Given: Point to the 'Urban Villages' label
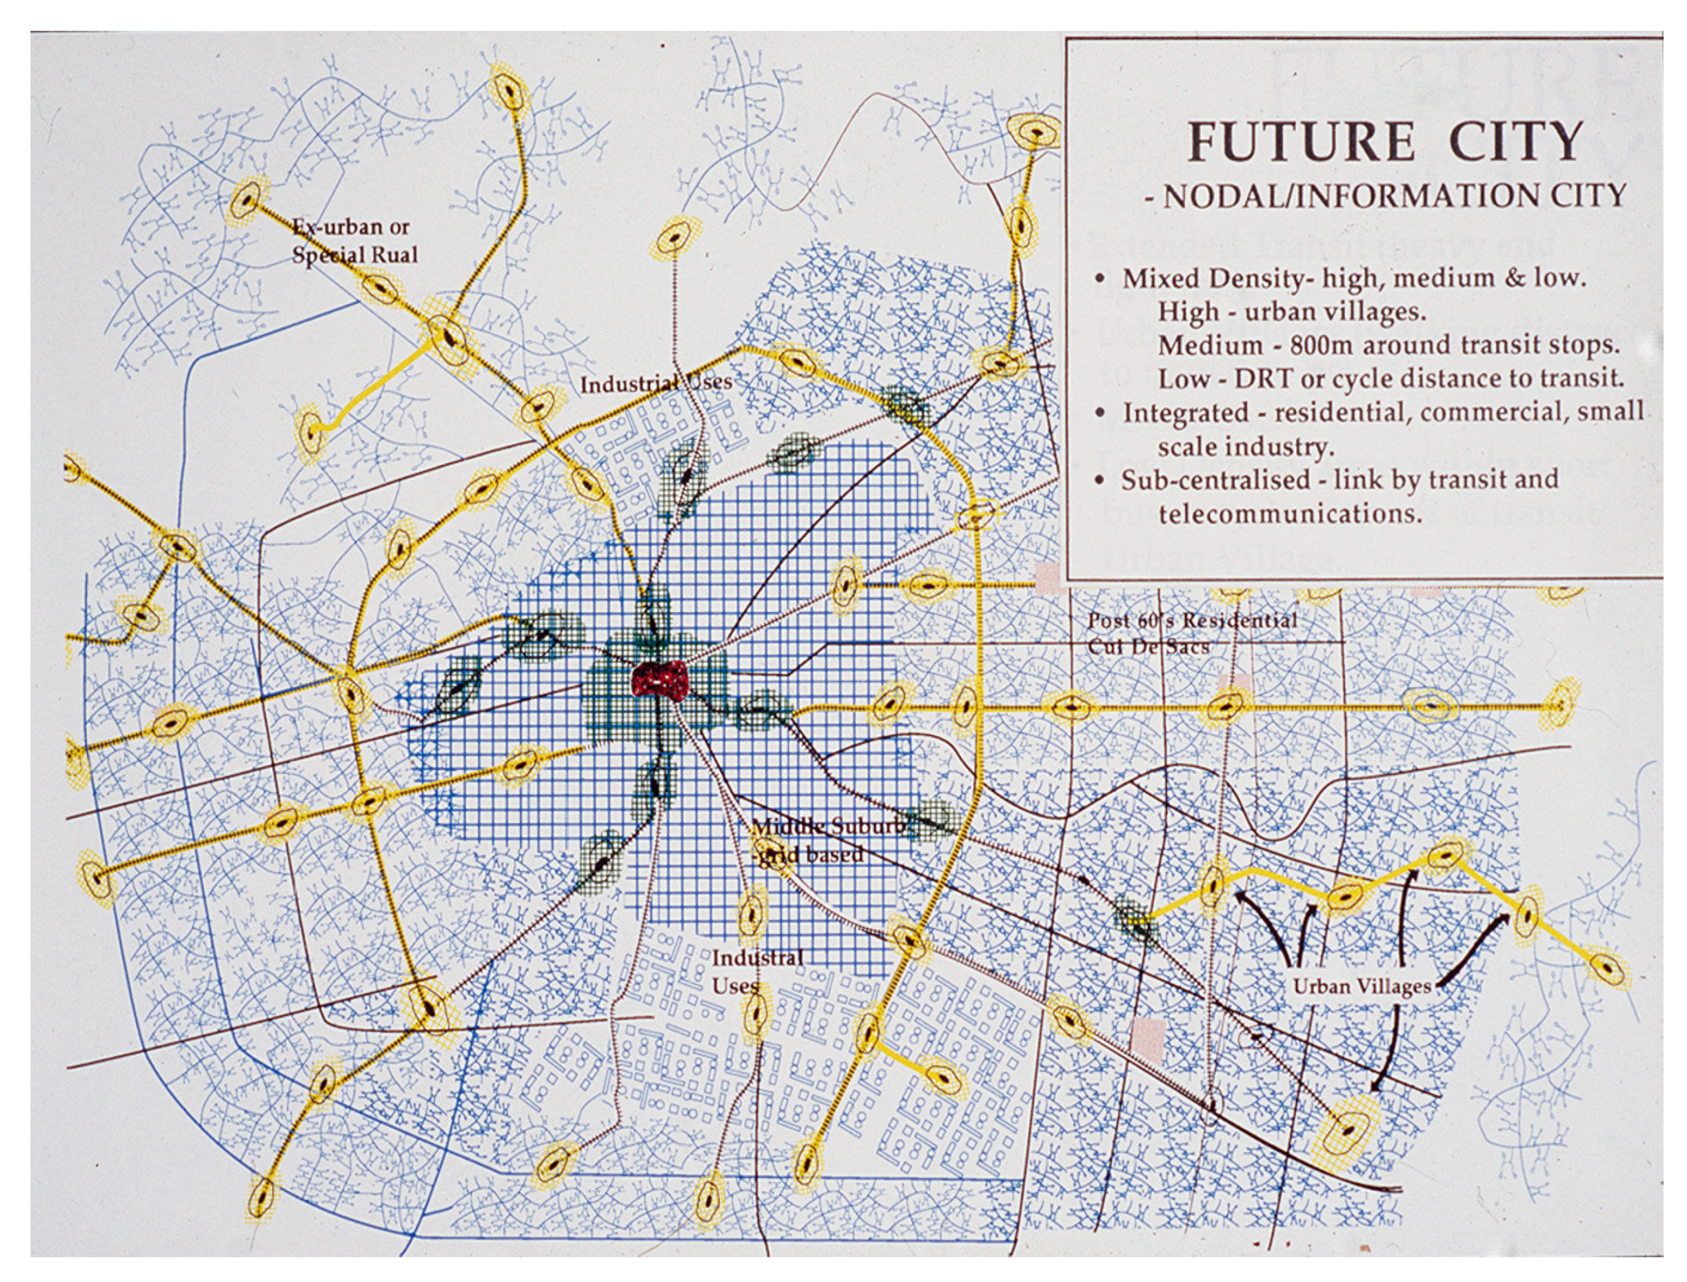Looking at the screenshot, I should [x=1362, y=987].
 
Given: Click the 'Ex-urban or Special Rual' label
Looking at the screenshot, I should [x=354, y=241].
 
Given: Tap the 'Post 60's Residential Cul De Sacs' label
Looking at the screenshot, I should [x=1193, y=633].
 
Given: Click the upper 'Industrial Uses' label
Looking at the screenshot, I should [x=656, y=383].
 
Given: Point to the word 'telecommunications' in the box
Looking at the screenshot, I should [x=1290, y=513].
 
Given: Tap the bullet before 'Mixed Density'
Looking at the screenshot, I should [x=1100, y=278].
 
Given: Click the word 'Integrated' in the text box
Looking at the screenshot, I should [x=1180, y=413].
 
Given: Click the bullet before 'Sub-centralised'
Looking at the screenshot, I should [x=1100, y=480].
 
